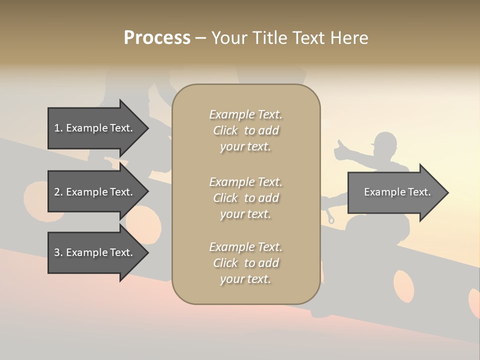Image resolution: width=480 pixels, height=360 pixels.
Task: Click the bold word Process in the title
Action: [157, 38]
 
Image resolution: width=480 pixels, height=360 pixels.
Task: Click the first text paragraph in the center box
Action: [245, 130]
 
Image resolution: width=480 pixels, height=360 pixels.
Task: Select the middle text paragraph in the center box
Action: [245, 198]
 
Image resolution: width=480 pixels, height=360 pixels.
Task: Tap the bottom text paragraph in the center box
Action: [245, 263]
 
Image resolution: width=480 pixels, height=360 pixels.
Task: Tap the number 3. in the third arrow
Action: [58, 252]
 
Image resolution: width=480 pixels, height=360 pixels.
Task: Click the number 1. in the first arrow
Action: [58, 128]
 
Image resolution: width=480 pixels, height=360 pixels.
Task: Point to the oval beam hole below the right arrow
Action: [403, 286]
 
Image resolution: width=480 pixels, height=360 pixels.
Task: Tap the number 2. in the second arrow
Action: [58, 192]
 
